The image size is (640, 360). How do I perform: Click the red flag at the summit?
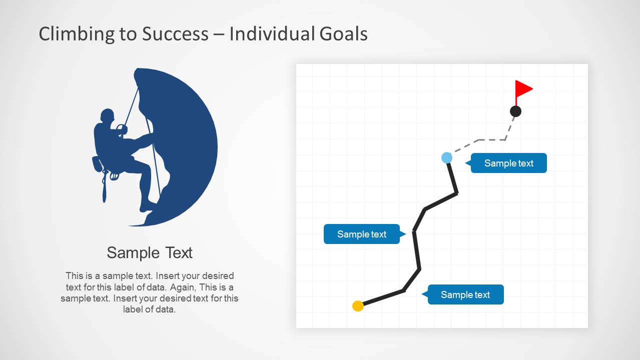coord(523,89)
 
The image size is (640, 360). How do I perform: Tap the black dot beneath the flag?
coord(515,111)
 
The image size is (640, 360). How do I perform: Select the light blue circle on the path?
coord(447,158)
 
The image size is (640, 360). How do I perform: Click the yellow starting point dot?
coord(358,306)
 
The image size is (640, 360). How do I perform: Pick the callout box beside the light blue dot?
coord(508,163)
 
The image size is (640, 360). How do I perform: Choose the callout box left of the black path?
coord(362,234)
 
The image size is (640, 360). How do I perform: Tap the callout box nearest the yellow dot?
coord(465,294)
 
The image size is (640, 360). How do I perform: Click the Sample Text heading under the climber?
coord(150,252)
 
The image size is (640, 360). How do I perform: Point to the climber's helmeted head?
coord(107,115)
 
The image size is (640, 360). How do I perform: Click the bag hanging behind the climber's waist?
coord(97,163)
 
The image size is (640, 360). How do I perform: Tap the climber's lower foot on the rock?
coord(147,206)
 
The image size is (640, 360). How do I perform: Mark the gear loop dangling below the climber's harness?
coord(114,175)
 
